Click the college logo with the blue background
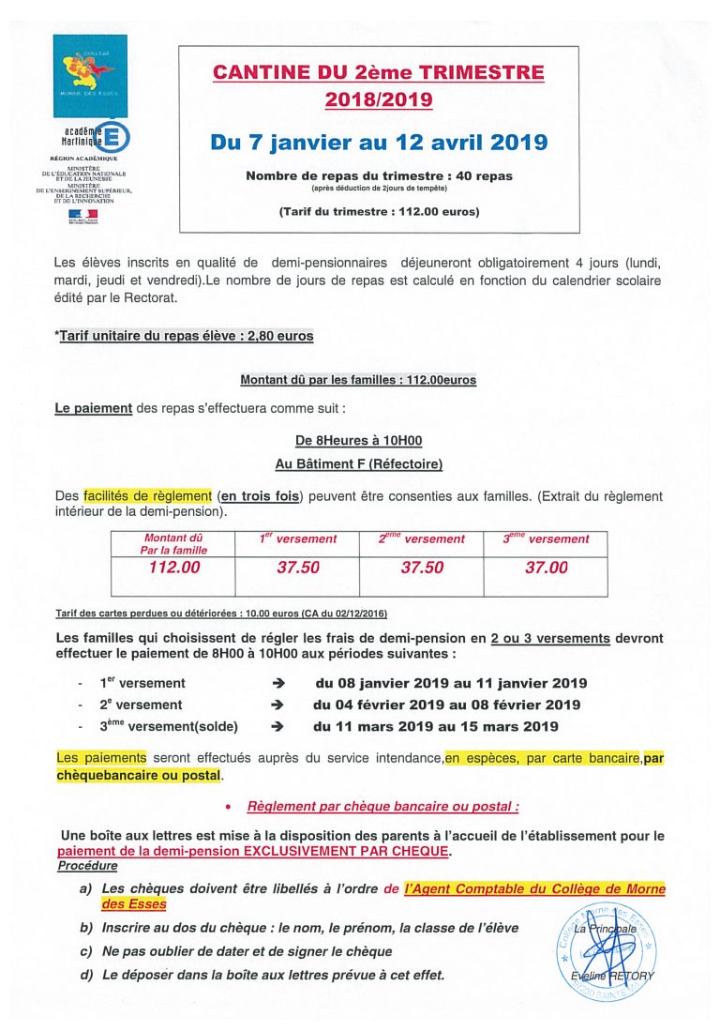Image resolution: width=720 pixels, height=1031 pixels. tap(90, 74)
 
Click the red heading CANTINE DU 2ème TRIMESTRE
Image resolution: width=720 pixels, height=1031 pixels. tap(378, 72)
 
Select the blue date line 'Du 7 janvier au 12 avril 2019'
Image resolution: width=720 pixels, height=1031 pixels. tap(379, 143)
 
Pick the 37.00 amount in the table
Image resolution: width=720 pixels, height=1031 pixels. tap(546, 568)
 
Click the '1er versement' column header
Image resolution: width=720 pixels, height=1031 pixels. tap(298, 539)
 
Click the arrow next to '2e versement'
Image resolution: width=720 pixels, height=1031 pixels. tap(277, 705)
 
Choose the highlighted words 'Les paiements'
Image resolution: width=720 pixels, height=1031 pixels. tap(101, 758)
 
